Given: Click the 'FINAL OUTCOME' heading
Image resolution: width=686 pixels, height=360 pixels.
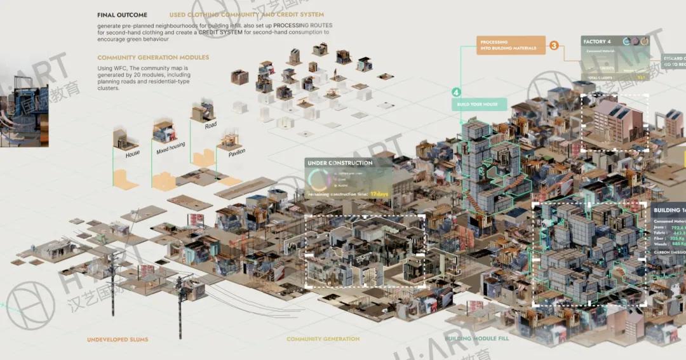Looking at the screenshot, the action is click(122, 15).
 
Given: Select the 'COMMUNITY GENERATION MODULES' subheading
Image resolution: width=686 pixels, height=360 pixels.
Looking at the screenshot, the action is click(153, 57).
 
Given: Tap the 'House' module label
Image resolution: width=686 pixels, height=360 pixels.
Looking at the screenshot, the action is click(133, 154).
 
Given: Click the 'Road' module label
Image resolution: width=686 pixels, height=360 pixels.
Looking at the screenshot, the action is click(211, 125).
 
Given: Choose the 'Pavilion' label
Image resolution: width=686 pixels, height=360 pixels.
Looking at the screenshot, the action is click(232, 152).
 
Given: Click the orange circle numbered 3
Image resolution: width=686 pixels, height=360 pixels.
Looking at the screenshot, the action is click(554, 46).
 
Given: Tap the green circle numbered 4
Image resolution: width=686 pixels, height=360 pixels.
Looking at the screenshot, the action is click(456, 91).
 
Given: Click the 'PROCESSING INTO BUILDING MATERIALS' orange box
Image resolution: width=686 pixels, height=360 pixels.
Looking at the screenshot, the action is click(508, 45).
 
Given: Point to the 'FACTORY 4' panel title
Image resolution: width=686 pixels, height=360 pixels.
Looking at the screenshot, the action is click(596, 42).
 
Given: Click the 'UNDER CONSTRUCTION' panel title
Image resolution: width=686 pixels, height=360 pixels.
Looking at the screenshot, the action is click(340, 163).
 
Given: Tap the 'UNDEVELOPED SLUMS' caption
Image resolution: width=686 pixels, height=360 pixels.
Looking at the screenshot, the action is click(118, 340).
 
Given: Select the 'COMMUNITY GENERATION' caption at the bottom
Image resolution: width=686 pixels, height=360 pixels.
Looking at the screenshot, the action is click(323, 339).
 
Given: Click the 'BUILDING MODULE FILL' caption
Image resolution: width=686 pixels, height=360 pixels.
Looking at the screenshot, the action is click(476, 338).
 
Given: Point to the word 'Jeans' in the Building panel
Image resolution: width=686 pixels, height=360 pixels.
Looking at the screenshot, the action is click(661, 227).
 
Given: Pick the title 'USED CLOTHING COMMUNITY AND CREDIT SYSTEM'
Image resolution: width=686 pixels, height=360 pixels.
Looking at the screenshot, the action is click(246, 15).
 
